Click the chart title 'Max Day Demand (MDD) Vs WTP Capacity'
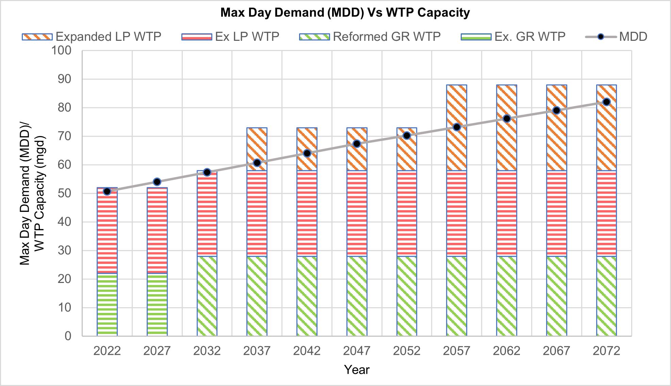[345, 13]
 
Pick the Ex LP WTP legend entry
[230, 36]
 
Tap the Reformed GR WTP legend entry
[370, 36]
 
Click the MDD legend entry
[616, 36]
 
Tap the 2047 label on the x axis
[357, 351]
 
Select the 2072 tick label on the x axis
[606, 351]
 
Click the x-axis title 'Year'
[357, 370]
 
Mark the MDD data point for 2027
[157, 182]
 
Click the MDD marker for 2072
[606, 102]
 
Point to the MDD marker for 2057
[457, 127]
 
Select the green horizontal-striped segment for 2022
[107, 304]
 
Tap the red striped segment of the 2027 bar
[157, 230]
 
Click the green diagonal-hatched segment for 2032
[207, 296]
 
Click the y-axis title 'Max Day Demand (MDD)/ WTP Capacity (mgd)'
[32, 193]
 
